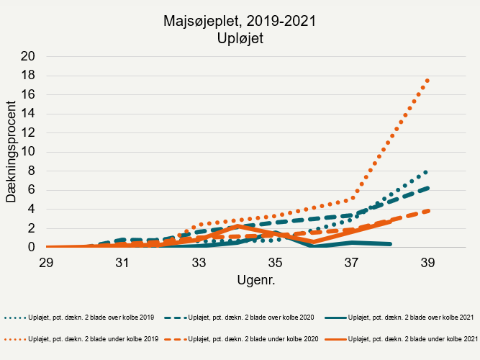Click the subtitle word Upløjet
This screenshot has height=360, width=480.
tap(240, 39)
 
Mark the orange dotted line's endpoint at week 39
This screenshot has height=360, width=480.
tap(427, 80)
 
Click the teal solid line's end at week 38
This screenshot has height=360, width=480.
tap(389, 244)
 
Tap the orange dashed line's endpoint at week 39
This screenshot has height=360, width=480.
tap(427, 211)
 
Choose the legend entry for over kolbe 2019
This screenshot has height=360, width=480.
tap(80, 318)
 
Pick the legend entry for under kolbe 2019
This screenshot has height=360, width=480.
tap(80, 338)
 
